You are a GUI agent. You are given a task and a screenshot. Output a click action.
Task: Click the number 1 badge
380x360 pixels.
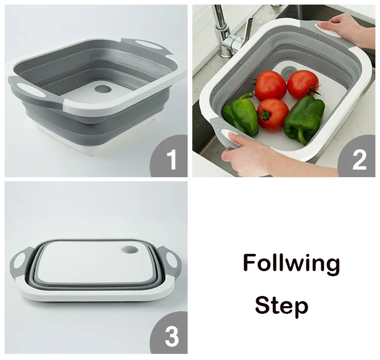[x=169, y=156]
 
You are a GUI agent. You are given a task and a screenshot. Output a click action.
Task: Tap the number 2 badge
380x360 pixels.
[x=358, y=156]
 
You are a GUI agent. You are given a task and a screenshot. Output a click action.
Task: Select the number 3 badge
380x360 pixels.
[x=169, y=334]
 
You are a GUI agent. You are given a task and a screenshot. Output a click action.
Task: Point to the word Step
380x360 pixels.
[x=282, y=306]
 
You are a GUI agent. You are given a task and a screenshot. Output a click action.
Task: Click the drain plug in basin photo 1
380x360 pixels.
[x=103, y=89]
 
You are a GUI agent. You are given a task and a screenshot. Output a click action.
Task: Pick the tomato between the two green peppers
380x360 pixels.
[x=272, y=114]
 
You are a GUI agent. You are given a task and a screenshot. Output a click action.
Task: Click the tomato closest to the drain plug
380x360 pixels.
[x=303, y=84]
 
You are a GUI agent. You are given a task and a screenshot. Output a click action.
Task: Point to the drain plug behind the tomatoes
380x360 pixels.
[x=288, y=72]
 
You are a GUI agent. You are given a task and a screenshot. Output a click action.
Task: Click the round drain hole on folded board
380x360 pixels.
[x=130, y=249]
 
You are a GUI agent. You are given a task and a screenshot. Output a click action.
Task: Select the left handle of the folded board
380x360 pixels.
[x=21, y=263]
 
